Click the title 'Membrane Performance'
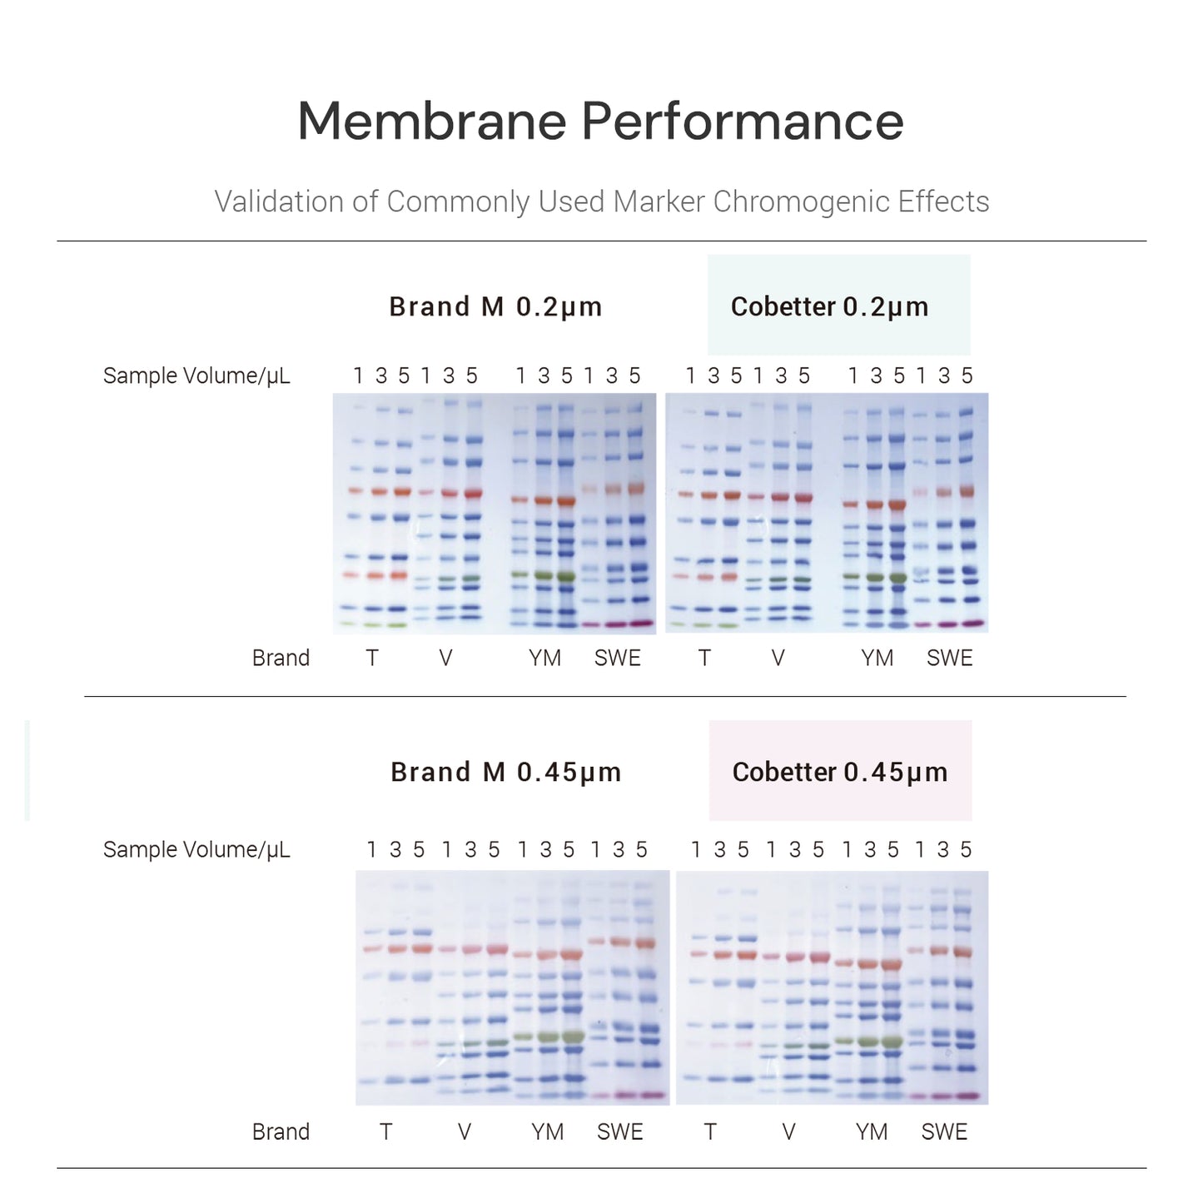pyautogui.click(x=600, y=122)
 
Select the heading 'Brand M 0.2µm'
pyautogui.click(x=495, y=306)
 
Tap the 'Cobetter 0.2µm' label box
pyautogui.click(x=838, y=306)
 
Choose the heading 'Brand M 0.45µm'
pyautogui.click(x=505, y=772)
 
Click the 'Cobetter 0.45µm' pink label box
pyautogui.click(x=839, y=771)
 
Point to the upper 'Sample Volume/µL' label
pyautogui.click(x=196, y=375)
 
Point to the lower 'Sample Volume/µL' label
pyautogui.click(x=196, y=849)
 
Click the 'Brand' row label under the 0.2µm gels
pyautogui.click(x=281, y=658)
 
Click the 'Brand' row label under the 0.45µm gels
pyautogui.click(x=281, y=1131)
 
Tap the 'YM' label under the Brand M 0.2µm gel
pyautogui.click(x=544, y=658)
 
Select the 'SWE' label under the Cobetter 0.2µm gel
pyautogui.click(x=949, y=658)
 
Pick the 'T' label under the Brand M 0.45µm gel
pyautogui.click(x=385, y=1131)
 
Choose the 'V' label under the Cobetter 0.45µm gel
pyautogui.click(x=788, y=1131)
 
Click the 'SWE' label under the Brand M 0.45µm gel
pyautogui.click(x=619, y=1131)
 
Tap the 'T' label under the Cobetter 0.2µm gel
pyautogui.click(x=704, y=658)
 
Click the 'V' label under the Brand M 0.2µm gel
pyautogui.click(x=445, y=658)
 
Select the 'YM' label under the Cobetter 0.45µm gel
pyautogui.click(x=872, y=1131)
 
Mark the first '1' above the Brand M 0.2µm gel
pyautogui.click(x=358, y=375)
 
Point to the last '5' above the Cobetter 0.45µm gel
pyautogui.click(x=966, y=849)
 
